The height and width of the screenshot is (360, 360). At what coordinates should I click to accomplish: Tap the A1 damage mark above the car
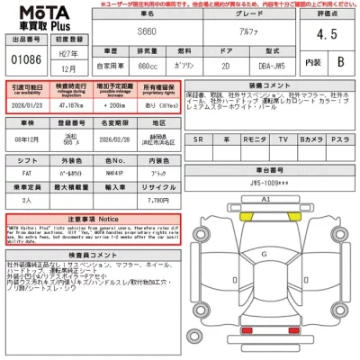point(265,197)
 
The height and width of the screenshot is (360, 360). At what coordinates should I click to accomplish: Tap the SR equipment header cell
point(199,140)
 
